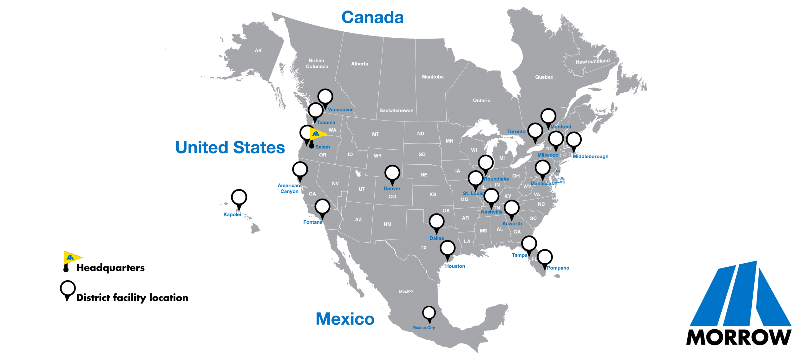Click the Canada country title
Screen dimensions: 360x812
coord(372,17)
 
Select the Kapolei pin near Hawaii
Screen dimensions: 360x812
coord(239,198)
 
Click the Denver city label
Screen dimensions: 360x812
coord(392,188)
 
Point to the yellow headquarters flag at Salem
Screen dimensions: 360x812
coord(318,134)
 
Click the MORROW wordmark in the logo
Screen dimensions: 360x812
coord(738,337)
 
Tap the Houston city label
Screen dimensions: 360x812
coord(455,266)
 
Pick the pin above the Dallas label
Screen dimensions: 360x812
coord(436,222)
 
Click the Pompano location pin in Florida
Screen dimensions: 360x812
coord(545,258)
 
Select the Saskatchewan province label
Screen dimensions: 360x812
coord(396,110)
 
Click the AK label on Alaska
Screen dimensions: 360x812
coord(258,50)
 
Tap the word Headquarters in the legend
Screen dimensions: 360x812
coord(110,268)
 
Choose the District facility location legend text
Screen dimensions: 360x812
coord(132,298)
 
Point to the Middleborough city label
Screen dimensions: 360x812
coord(590,156)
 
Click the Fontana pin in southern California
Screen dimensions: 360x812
coord(322,207)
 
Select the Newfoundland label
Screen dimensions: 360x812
coord(593,61)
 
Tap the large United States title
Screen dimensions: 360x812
coord(230,147)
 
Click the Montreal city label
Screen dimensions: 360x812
coord(560,127)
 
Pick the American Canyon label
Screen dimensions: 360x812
coord(289,188)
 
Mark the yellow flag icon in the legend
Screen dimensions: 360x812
coord(72,257)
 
